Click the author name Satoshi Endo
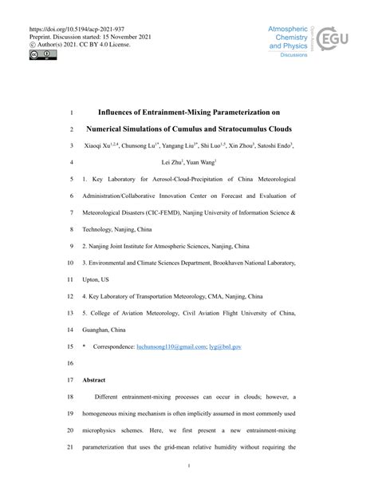pyautogui.click(x=270, y=145)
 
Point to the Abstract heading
pyautogui.click(x=96, y=380)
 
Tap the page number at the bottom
pyautogui.click(x=189, y=465)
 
